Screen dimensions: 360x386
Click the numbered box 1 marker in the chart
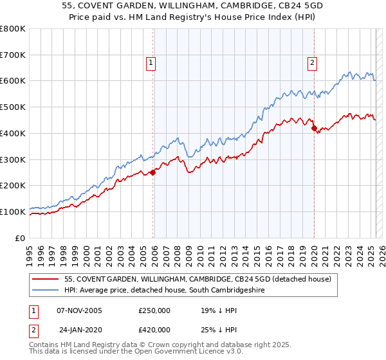pos(151,62)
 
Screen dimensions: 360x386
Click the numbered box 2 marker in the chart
pos(312,62)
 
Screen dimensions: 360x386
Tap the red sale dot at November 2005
pos(153,172)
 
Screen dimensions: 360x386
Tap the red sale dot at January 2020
pos(314,128)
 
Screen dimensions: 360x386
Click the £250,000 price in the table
pos(154,310)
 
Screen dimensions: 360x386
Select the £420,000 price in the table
pos(154,330)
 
